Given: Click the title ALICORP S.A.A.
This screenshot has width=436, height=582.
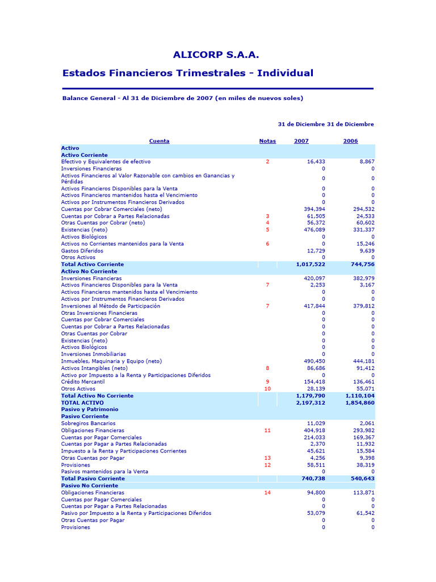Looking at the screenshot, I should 216,55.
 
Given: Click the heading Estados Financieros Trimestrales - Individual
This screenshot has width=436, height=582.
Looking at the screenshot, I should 187,73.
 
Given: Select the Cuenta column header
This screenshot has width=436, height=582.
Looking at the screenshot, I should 159,141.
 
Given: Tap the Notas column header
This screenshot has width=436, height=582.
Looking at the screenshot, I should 267,141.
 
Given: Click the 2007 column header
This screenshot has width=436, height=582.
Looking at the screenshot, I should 301,141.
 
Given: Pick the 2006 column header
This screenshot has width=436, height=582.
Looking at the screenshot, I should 350,141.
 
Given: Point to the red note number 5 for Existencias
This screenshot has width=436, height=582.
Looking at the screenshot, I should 267,230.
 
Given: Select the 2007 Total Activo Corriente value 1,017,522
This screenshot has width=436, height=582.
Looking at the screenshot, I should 311,265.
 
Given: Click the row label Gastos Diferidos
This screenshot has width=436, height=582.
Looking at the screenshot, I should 82,251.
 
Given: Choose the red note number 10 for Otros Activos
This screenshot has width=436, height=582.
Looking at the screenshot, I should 267,389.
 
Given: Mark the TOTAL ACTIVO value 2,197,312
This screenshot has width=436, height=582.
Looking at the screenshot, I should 311,402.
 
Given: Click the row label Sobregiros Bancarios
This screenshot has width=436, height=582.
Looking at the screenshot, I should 88,423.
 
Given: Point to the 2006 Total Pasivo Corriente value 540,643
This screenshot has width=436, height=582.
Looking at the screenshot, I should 360,479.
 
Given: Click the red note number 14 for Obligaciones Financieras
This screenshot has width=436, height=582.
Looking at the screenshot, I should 267,493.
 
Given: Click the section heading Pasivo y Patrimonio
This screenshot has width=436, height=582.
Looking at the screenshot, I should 90,409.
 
